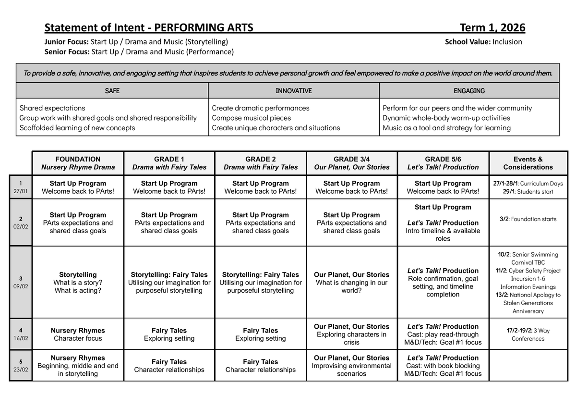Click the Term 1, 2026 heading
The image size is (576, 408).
pyautogui.click(x=492, y=27)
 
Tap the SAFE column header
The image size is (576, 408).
pyautogui.click(x=112, y=90)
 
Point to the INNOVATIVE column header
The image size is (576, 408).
pyautogui.click(x=293, y=90)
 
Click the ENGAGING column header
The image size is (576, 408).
pyautogui.click(x=469, y=90)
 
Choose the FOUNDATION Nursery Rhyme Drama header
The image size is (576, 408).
pyautogui.click(x=78, y=163)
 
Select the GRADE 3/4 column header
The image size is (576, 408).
pyautogui.click(x=351, y=163)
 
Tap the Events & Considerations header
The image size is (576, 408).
pyautogui.click(x=528, y=163)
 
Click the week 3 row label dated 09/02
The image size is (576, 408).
pyautogui.click(x=21, y=282)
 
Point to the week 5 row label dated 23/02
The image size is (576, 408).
pyautogui.click(x=21, y=366)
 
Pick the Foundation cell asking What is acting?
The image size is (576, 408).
pyautogui.click(x=78, y=283)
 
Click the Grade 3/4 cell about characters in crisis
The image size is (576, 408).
pyautogui.click(x=351, y=334)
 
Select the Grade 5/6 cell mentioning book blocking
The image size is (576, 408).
pyautogui.click(x=443, y=366)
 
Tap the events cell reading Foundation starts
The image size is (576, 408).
pyautogui.click(x=528, y=219)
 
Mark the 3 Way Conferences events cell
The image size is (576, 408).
pyautogui.click(x=528, y=334)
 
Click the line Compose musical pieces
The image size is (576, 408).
pyautogui.click(x=251, y=118)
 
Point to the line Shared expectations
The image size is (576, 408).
pyautogui.click(x=52, y=108)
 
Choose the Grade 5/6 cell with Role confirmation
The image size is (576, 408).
pyautogui.click(x=443, y=283)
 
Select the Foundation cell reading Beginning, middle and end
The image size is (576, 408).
pyautogui.click(x=78, y=366)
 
